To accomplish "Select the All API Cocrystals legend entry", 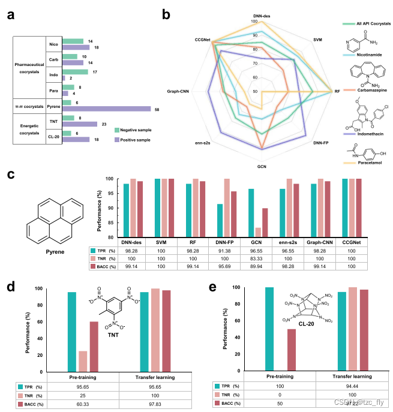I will click(368, 23).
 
